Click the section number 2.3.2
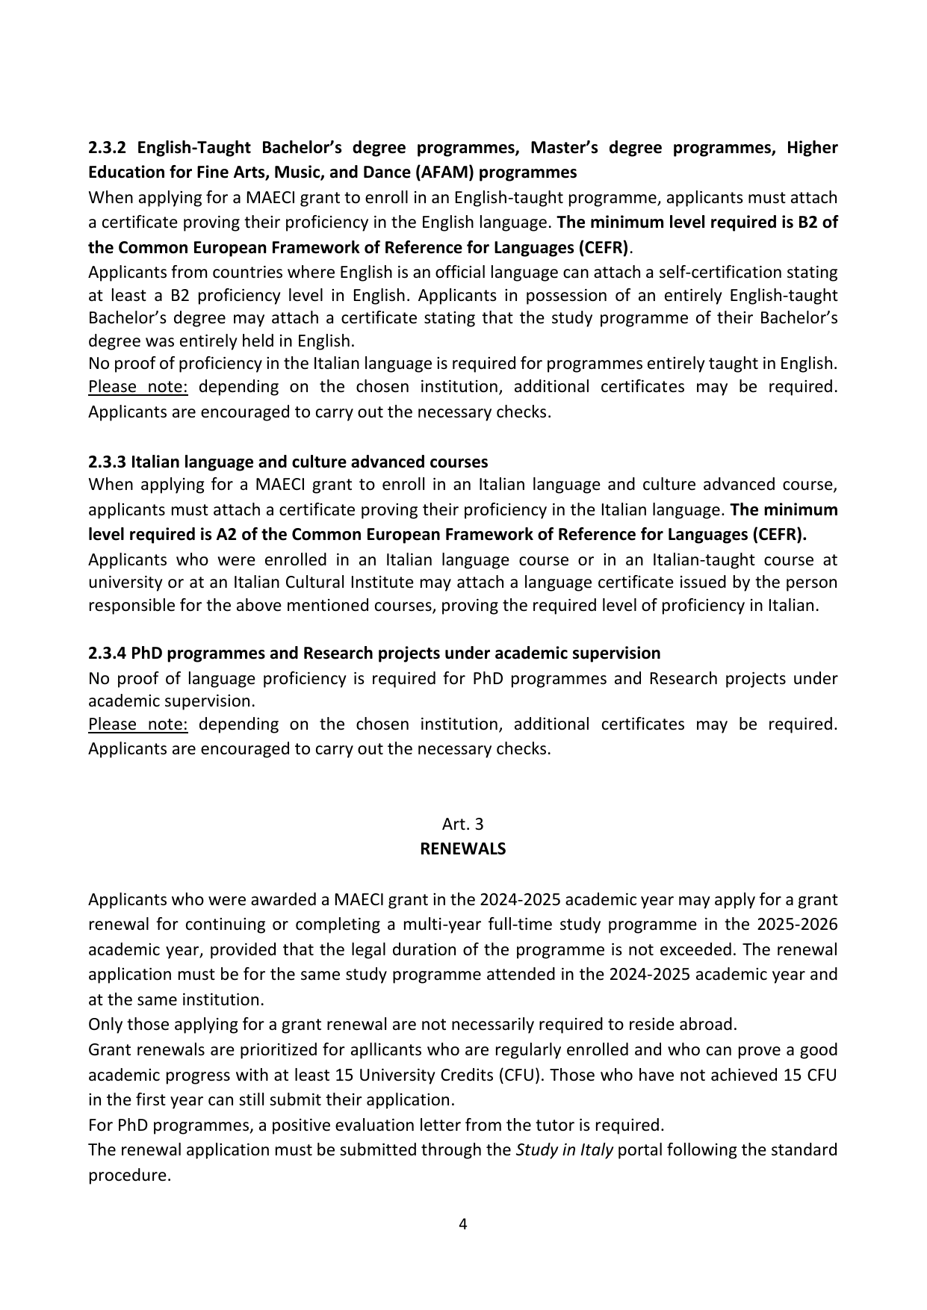click(108, 147)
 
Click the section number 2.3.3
click(108, 461)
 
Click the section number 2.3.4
click(108, 653)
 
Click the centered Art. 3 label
click(462, 824)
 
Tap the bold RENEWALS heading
click(462, 848)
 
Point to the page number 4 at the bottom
click(462, 1224)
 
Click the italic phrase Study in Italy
click(564, 1149)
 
